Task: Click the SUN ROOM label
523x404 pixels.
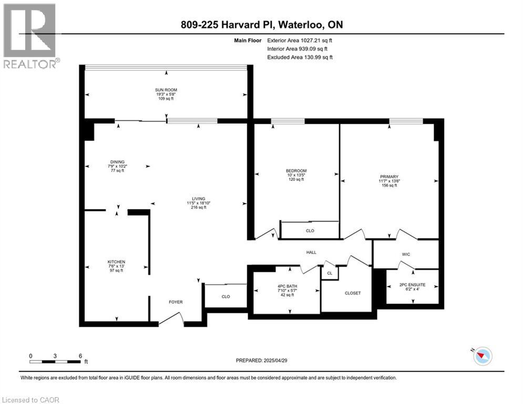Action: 166,90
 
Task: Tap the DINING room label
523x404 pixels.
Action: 117,162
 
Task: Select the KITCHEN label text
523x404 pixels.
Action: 116,262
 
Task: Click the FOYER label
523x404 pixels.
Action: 175,302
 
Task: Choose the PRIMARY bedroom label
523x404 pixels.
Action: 389,177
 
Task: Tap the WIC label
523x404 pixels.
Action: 405,255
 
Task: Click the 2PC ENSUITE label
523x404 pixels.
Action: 412,284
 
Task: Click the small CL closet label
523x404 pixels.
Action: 329,273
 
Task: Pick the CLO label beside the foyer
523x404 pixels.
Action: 225,297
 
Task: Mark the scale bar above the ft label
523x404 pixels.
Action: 55,361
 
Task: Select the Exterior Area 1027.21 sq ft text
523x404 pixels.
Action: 300,39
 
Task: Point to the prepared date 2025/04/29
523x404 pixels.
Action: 266,360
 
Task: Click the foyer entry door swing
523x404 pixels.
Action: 172,317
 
